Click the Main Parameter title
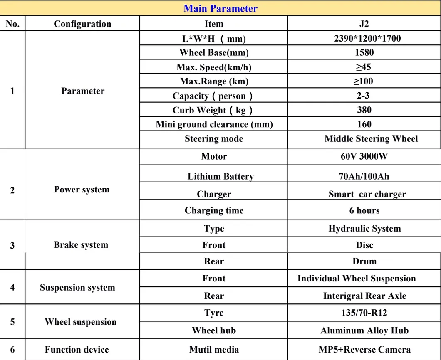click(x=220, y=8)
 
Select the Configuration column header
click(x=82, y=24)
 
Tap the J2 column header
click(x=364, y=24)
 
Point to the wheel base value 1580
click(x=364, y=53)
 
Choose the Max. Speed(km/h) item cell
click(x=214, y=67)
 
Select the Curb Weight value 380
click(x=364, y=110)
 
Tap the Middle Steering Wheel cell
click(x=371, y=139)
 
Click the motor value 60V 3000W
click(x=364, y=157)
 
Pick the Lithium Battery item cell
click(x=220, y=176)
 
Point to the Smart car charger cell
click(x=367, y=194)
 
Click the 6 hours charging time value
click(x=364, y=210)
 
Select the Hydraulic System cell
click(x=364, y=229)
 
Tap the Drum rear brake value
click(x=364, y=261)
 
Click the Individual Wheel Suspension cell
click(x=357, y=279)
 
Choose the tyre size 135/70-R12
click(x=364, y=313)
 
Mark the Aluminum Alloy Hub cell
click(x=364, y=331)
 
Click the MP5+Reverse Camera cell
click(x=364, y=350)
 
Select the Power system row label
click(x=82, y=190)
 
